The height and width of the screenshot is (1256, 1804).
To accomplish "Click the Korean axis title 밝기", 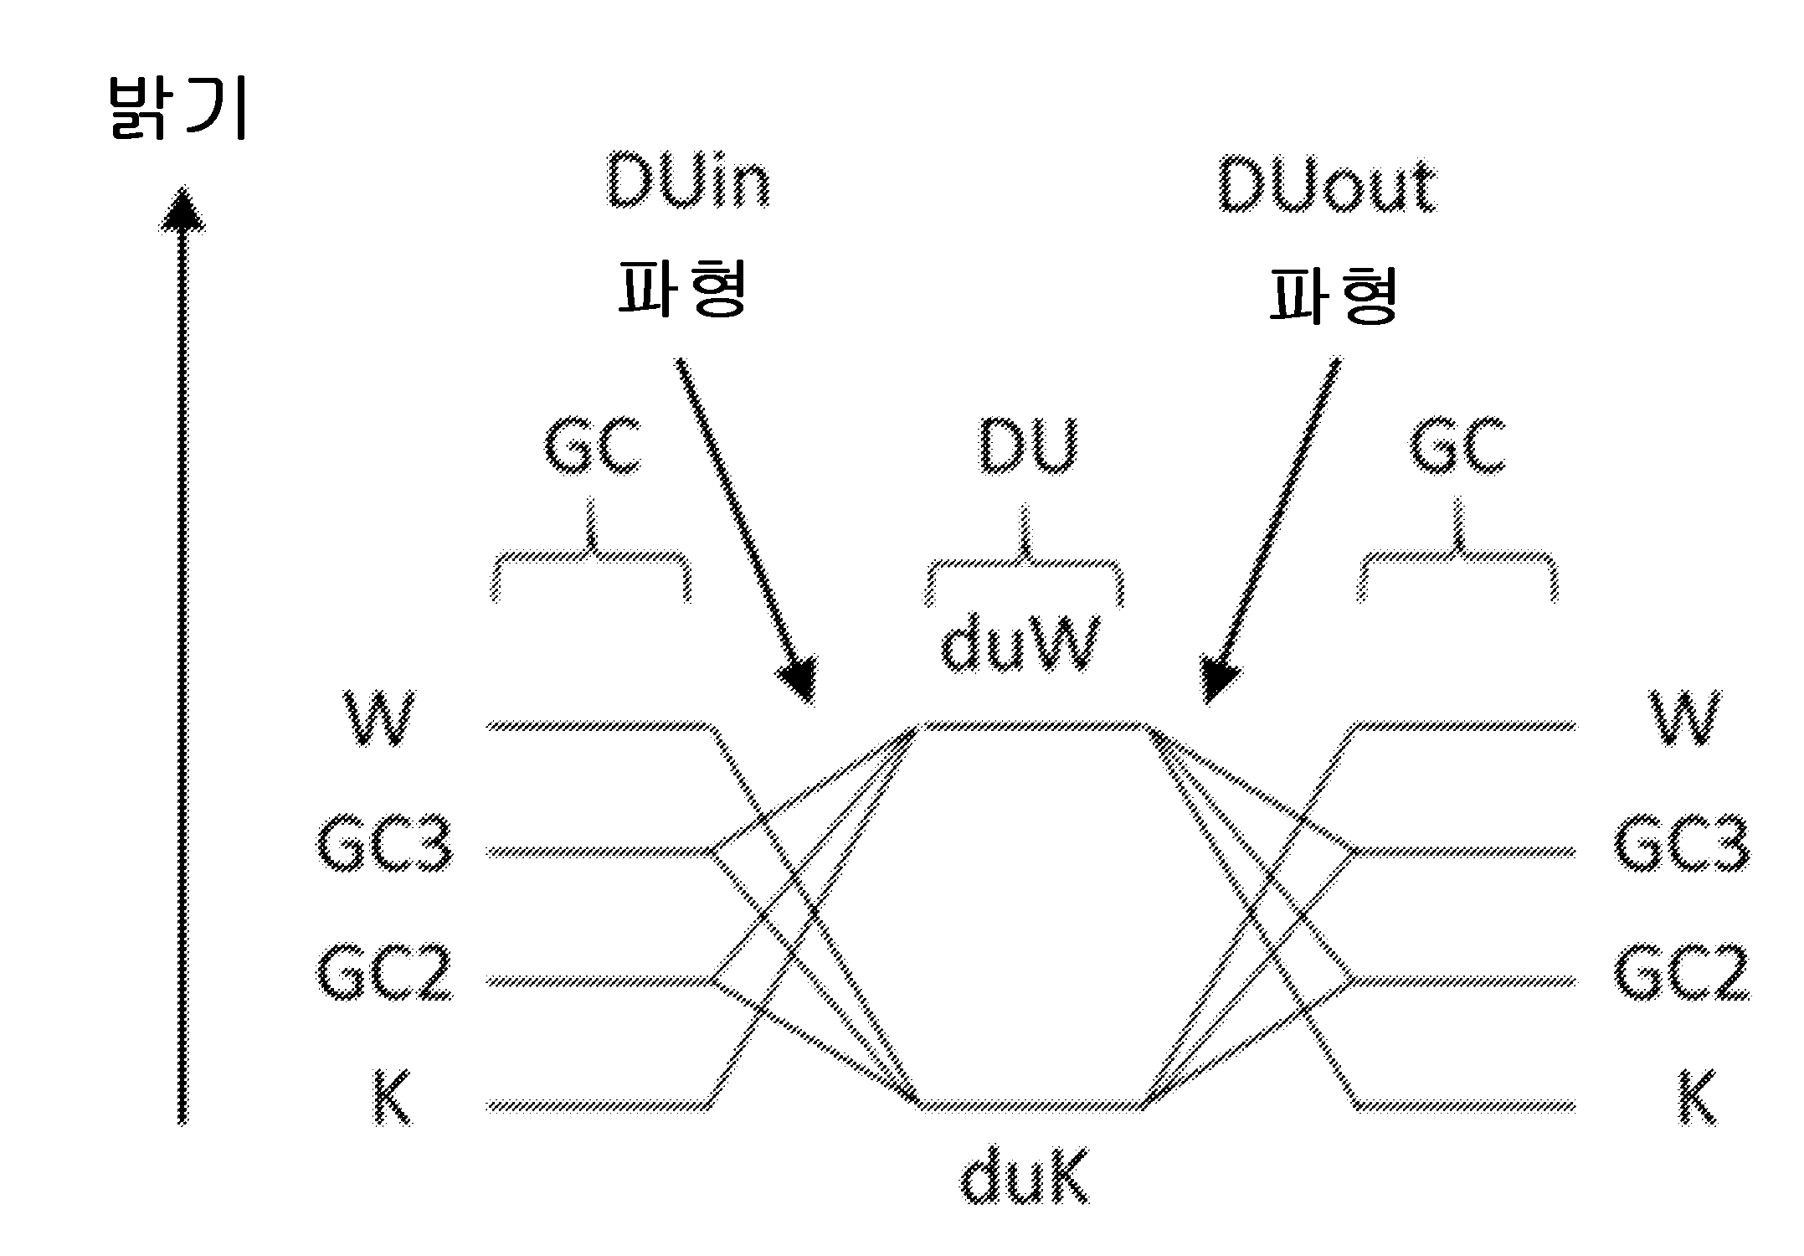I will click(x=178, y=109).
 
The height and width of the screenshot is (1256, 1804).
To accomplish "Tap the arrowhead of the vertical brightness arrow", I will click(x=182, y=209).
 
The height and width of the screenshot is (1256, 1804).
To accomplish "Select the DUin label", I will click(x=687, y=181).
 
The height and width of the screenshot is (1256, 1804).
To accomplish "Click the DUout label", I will click(x=1328, y=183).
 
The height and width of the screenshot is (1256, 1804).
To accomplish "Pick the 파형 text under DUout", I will click(x=1333, y=294).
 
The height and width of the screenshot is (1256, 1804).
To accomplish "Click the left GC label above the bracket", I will click(x=592, y=445).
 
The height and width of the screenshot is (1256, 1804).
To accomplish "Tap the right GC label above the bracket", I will click(x=1457, y=446).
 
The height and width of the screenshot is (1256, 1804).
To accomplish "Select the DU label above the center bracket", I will click(x=1028, y=445).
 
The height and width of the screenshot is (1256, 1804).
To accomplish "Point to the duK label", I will click(x=1025, y=1177).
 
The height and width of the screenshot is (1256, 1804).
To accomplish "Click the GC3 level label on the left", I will click(x=385, y=844).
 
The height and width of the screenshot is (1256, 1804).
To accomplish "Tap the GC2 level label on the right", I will click(x=1681, y=973).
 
